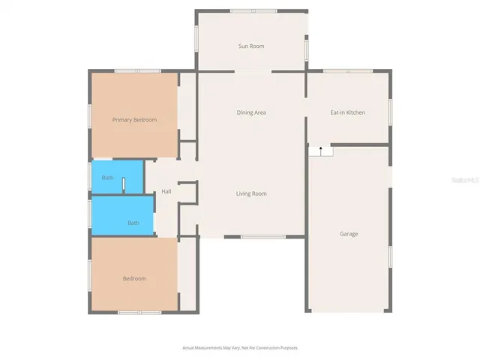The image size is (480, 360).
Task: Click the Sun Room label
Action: pos(251,46)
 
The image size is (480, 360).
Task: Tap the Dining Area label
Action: pos(251,112)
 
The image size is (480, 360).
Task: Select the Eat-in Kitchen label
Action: pos(348,112)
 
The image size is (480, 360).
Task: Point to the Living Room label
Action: pos(251,193)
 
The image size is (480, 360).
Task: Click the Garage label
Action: pos(349,234)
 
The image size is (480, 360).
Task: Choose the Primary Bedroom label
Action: pos(134,120)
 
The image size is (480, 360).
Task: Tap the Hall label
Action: pos(166,191)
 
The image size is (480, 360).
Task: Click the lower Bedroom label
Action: pos(134,279)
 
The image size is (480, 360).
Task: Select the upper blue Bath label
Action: pos(108,178)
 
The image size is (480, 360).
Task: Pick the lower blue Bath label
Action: pos(133,223)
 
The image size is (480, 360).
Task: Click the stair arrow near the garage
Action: pos(321,150)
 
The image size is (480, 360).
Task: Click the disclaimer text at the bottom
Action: pos(240,348)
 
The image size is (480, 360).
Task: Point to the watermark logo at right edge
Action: pos(466,181)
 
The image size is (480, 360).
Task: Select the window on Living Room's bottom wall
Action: pos(262,237)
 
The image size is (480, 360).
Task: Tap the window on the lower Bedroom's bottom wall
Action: pos(139,312)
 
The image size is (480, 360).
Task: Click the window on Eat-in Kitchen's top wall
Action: pos(347,71)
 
